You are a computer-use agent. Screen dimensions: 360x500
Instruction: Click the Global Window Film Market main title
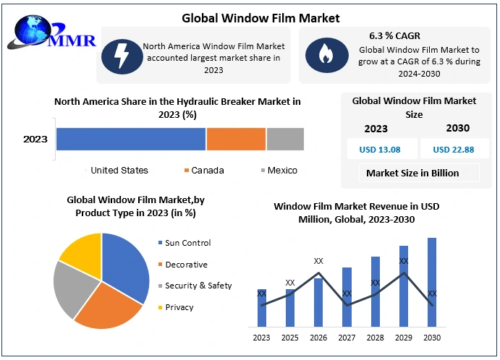tap(250, 17)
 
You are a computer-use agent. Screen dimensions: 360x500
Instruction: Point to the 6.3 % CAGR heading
tap(394, 35)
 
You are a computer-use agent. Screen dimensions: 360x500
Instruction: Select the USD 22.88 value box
tap(454, 150)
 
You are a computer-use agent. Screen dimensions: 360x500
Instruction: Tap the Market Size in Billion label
tap(412, 173)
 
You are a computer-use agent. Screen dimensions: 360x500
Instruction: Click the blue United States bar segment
tap(131, 139)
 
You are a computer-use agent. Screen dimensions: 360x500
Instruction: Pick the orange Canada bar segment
tap(236, 139)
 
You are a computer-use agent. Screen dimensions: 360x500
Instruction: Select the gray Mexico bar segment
tap(285, 139)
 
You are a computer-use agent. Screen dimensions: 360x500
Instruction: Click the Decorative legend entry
tap(186, 265)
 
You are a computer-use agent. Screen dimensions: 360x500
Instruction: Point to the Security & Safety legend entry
tap(198, 286)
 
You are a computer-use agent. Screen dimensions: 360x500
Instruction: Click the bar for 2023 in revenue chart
tap(261, 307)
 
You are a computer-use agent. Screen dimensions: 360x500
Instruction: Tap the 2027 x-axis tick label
tap(347, 338)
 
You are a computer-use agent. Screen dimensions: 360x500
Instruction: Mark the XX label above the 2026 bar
tap(318, 260)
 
